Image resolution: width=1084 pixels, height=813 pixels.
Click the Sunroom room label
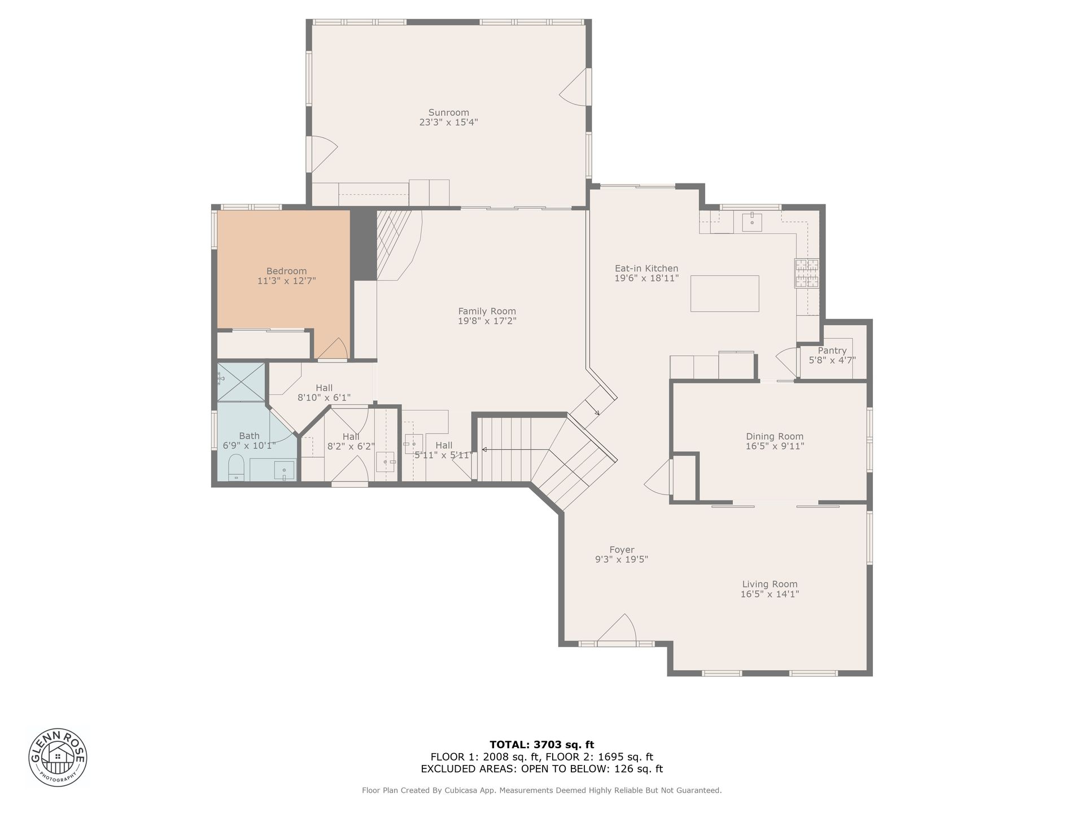click(x=448, y=112)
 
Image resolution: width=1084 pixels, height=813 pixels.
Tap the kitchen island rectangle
click(x=724, y=294)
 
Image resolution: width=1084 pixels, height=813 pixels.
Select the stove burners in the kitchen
click(x=807, y=273)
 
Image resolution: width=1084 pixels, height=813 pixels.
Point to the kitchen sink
click(x=751, y=222)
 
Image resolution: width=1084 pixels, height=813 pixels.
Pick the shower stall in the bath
click(x=241, y=382)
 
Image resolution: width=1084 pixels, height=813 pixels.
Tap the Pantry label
click(x=832, y=351)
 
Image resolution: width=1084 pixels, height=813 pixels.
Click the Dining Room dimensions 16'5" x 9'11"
click(x=775, y=446)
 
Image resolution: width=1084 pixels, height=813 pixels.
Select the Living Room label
click(x=770, y=584)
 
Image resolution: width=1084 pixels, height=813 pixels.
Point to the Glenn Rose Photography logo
click(x=58, y=757)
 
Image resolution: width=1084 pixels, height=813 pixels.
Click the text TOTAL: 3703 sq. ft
click(x=541, y=745)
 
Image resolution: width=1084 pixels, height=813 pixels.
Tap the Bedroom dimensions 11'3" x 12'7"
click(x=286, y=281)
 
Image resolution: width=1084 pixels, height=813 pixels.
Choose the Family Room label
click(x=487, y=311)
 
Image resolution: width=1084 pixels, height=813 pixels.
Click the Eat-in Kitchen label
click(x=646, y=268)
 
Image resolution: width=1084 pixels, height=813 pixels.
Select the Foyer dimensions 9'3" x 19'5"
click(x=622, y=560)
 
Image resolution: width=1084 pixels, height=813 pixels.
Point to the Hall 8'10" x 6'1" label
click(x=324, y=392)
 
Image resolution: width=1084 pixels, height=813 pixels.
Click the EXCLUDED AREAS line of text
click(x=541, y=769)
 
